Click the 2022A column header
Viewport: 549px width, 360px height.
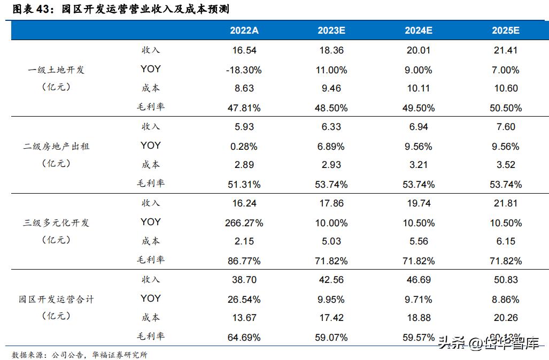pos(244,30)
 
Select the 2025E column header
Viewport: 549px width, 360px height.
pos(505,30)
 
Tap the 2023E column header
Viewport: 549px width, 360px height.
pos(331,30)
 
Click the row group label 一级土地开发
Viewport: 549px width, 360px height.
pos(56,70)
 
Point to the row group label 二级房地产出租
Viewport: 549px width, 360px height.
pos(56,146)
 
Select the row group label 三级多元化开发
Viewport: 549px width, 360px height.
pos(56,223)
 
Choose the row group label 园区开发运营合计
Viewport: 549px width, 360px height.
pos(56,299)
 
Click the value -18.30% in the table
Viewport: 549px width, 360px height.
pos(244,70)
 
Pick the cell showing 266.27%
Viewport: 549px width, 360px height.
pos(244,223)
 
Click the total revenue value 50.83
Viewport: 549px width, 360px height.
pos(505,280)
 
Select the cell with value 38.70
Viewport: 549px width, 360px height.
pos(244,280)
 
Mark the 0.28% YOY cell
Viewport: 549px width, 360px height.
pos(244,146)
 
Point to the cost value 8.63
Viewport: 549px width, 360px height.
pos(244,88)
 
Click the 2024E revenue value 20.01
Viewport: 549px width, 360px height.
pos(418,50)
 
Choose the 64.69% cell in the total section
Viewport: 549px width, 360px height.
pos(244,338)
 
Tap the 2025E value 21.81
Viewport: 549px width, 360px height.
pos(505,203)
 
